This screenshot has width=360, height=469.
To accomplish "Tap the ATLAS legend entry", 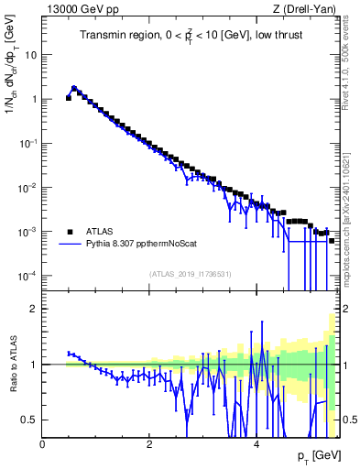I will pyautogui.click(x=104, y=231).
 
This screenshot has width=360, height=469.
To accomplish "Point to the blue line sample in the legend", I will pyautogui.click(x=70, y=245).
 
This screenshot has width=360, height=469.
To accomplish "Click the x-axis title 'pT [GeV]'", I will pyautogui.click(x=315, y=456).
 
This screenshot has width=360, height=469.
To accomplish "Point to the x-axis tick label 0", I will pyautogui.click(x=42, y=444).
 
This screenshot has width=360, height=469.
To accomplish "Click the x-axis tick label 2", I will pyautogui.click(x=149, y=444).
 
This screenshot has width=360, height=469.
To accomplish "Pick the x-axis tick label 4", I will pyautogui.click(x=256, y=444).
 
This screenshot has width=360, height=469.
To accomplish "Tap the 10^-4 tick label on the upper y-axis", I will pyautogui.click(x=27, y=276).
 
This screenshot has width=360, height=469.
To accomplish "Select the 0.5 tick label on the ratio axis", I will pyautogui.click(x=29, y=420).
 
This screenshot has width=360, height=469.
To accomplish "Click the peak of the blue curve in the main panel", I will pyautogui.click(x=73, y=88).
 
